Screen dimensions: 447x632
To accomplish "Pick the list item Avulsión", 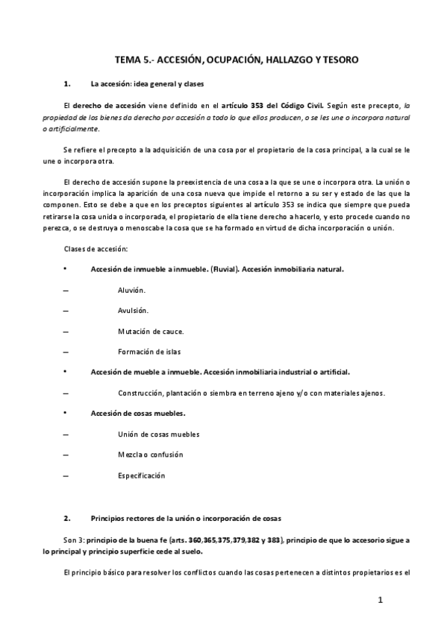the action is coord(133,309).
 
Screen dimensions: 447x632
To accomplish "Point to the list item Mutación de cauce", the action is coord(151,330).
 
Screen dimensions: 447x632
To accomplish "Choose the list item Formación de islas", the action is coord(149,351).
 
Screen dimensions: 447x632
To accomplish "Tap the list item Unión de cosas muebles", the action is coord(158,434).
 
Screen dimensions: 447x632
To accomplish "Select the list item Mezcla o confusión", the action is coord(150,455).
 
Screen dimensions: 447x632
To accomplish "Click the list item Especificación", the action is coord(141,475).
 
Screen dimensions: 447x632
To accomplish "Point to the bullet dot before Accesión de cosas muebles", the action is coord(66,413).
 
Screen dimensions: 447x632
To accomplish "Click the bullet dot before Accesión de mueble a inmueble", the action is coord(66,371).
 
